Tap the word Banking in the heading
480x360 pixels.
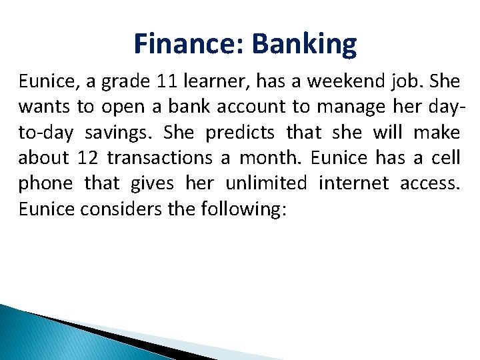305,44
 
